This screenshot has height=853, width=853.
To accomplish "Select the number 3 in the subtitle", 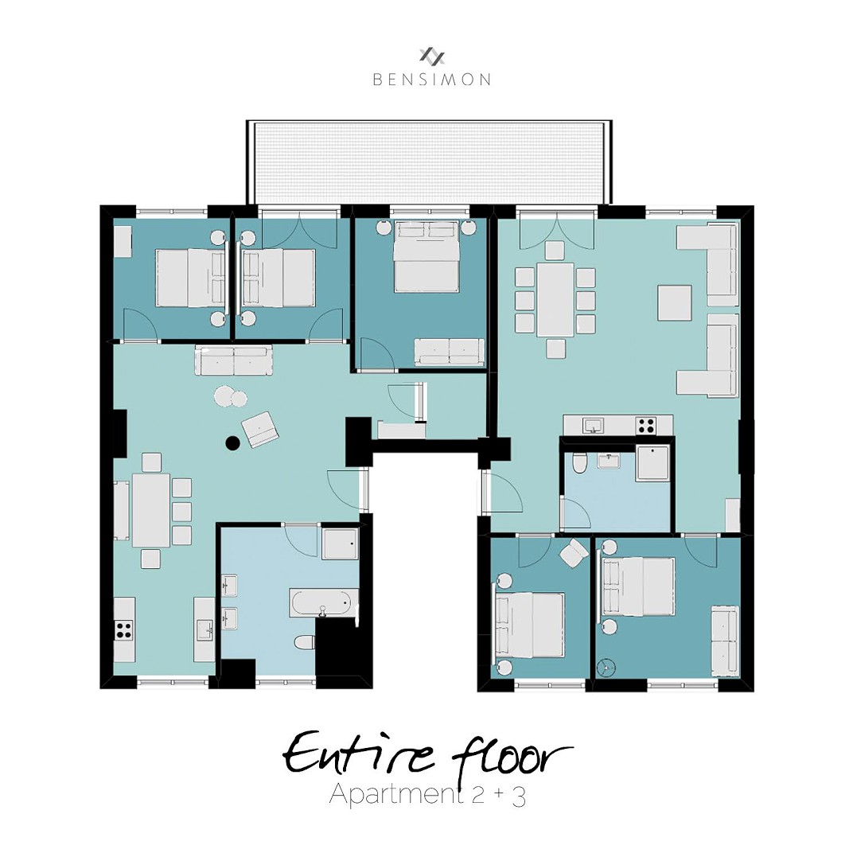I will (519, 797).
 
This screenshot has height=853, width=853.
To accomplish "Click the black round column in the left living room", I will (232, 443).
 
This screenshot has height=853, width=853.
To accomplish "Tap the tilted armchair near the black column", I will (260, 430).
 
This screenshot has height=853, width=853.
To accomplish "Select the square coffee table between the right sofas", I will (674, 302).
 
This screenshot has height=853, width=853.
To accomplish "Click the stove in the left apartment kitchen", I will (124, 630).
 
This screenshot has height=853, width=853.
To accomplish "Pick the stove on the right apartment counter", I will (645, 426).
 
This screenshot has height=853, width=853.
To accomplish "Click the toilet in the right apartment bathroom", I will (580, 462).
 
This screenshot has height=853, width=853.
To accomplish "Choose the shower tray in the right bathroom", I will (652, 463).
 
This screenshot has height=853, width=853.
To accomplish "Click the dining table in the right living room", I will (555, 299).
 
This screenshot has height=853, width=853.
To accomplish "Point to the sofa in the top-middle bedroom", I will (449, 351).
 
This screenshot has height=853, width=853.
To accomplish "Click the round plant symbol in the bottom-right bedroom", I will (609, 666).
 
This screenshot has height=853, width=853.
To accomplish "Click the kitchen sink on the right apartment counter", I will (591, 425).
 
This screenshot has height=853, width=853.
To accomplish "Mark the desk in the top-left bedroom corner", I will (123, 242).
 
